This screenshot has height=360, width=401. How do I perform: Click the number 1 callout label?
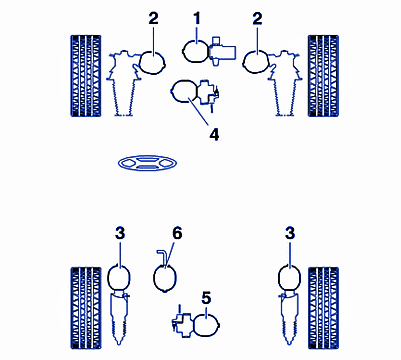pos(197,19)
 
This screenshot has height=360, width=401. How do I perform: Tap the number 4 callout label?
pos(214,135)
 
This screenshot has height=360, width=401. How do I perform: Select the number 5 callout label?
pos(206,298)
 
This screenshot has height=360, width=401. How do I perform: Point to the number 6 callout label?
pos(177,233)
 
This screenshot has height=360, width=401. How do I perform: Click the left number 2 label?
pos(153,19)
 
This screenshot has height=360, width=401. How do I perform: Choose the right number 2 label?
pos(257,19)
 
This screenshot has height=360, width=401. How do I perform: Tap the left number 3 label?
pos(120,233)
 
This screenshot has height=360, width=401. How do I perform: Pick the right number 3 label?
pos(290,233)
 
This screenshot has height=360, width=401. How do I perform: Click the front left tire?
pos(86,76)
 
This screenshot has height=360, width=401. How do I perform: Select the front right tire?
pos(323,76)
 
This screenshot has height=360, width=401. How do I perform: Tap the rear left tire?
pos(86,308)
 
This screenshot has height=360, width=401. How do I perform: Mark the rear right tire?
pos(323,308)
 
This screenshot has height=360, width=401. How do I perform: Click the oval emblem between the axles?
pos(147,163)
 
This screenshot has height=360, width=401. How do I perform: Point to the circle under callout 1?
pos(197,51)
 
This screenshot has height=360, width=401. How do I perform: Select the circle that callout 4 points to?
pos(185,91)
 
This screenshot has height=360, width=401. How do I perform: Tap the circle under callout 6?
pos(165,277)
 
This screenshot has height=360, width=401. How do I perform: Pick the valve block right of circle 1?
pos(223,51)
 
